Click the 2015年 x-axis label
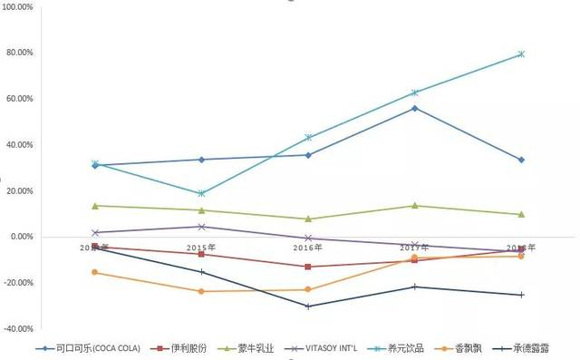coord(201,248)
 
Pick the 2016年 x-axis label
coord(308,248)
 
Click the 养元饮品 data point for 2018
coord(521,54)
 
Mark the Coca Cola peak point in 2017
coord(414,108)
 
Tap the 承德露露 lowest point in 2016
coord(308,306)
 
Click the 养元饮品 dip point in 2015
coord(201,193)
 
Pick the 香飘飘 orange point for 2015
coord(201,291)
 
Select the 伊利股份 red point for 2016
coord(308,267)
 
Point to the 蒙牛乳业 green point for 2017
coord(414,206)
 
